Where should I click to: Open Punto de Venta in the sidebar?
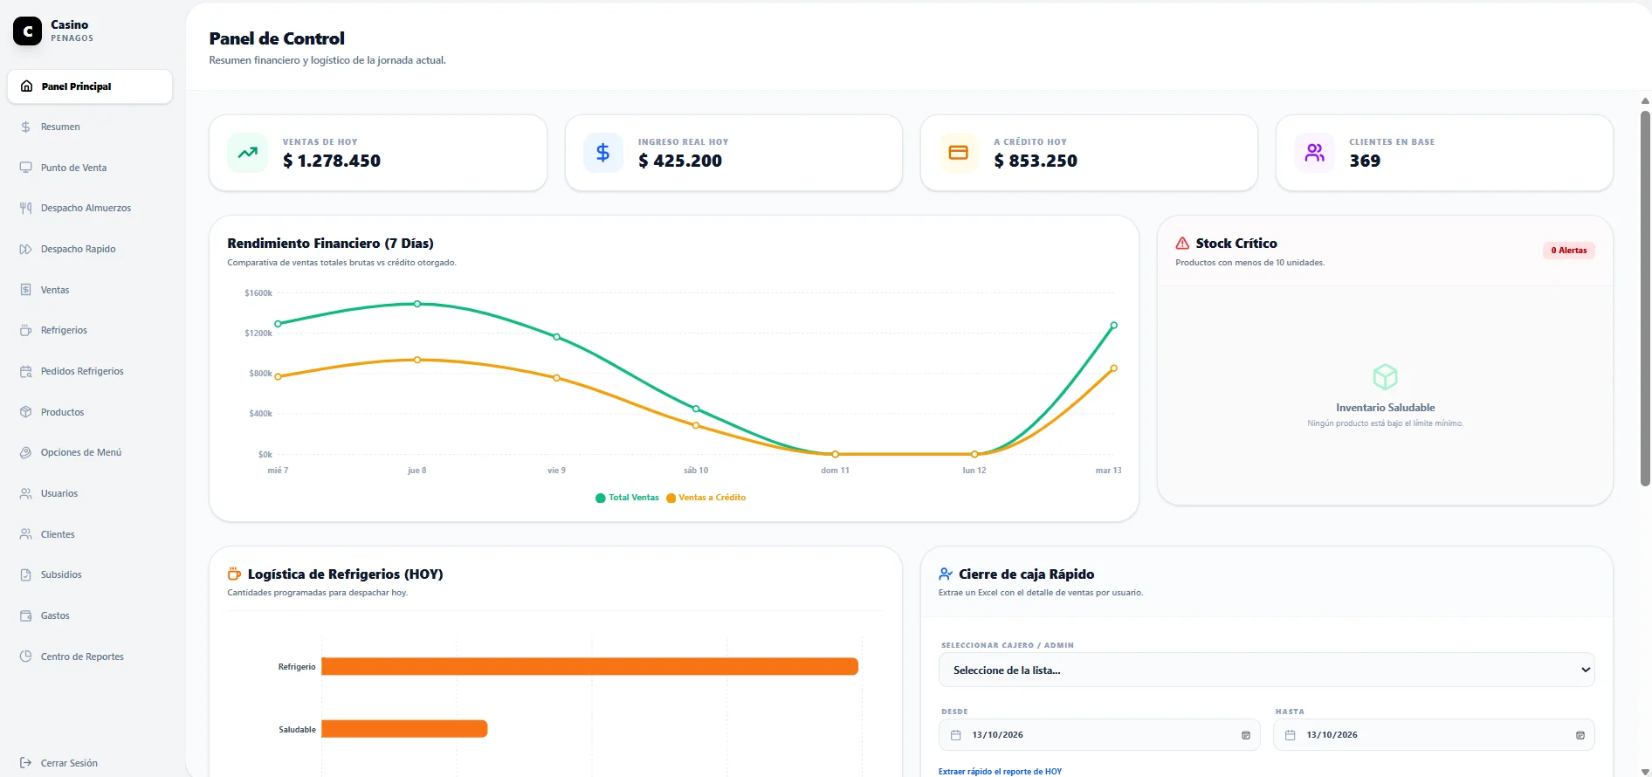[x=73, y=168]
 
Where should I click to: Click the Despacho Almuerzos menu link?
[x=86, y=208]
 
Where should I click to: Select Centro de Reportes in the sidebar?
[x=82, y=657]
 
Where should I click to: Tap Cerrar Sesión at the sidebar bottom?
[x=69, y=763]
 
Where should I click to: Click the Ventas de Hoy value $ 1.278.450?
[x=332, y=161]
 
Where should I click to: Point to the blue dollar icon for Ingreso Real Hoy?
[x=602, y=153]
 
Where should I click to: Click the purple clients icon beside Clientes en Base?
[x=1314, y=153]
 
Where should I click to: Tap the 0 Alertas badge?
[x=1569, y=251]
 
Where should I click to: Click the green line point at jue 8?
[x=417, y=304]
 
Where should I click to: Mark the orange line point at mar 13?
[x=1114, y=368]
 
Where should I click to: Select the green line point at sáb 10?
[x=696, y=409]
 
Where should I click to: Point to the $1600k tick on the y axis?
[x=258, y=293]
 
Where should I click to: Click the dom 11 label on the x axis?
[x=835, y=471]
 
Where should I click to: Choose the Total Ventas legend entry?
[x=627, y=498]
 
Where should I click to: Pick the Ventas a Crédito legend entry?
[x=706, y=498]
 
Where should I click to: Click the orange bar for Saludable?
[x=404, y=729]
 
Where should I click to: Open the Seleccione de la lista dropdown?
[x=1266, y=670]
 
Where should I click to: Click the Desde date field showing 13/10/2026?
[x=1098, y=735]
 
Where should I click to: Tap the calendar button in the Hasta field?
[x=1580, y=735]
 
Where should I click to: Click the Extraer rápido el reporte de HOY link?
[x=1000, y=772]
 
